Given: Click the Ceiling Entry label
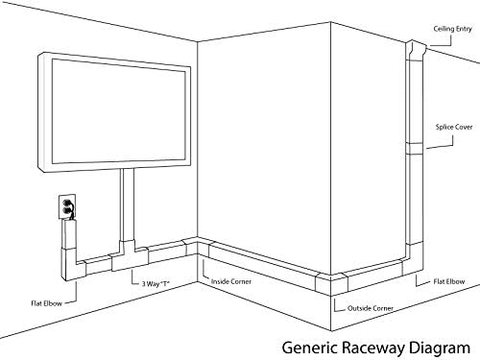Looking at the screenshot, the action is click(452, 29).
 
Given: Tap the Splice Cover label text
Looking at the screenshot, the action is click(454, 127).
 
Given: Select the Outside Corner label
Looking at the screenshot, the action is click(371, 308).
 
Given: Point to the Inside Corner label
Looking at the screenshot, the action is click(231, 281).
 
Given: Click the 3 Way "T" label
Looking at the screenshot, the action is click(156, 283).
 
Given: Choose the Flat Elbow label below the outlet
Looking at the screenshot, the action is click(46, 303).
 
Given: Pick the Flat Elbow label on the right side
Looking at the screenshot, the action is click(449, 281).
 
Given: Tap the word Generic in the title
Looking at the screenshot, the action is click(310, 348).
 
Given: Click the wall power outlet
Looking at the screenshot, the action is click(67, 206).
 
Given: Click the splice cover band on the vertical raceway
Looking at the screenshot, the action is click(415, 149).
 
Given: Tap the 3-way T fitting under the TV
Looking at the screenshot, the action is click(128, 255).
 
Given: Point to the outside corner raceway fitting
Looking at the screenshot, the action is click(331, 284).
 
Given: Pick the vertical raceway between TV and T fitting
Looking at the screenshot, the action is click(128, 204).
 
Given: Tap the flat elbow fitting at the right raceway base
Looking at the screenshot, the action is click(413, 259).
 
